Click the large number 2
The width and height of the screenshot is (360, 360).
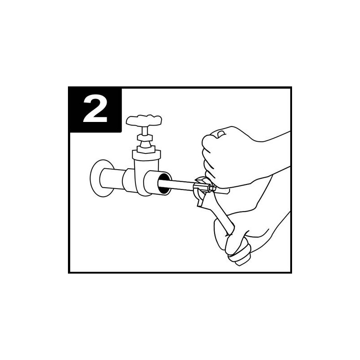click(95, 109)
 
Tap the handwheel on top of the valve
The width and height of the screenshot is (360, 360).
click(144, 121)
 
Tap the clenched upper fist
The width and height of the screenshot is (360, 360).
click(225, 153)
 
